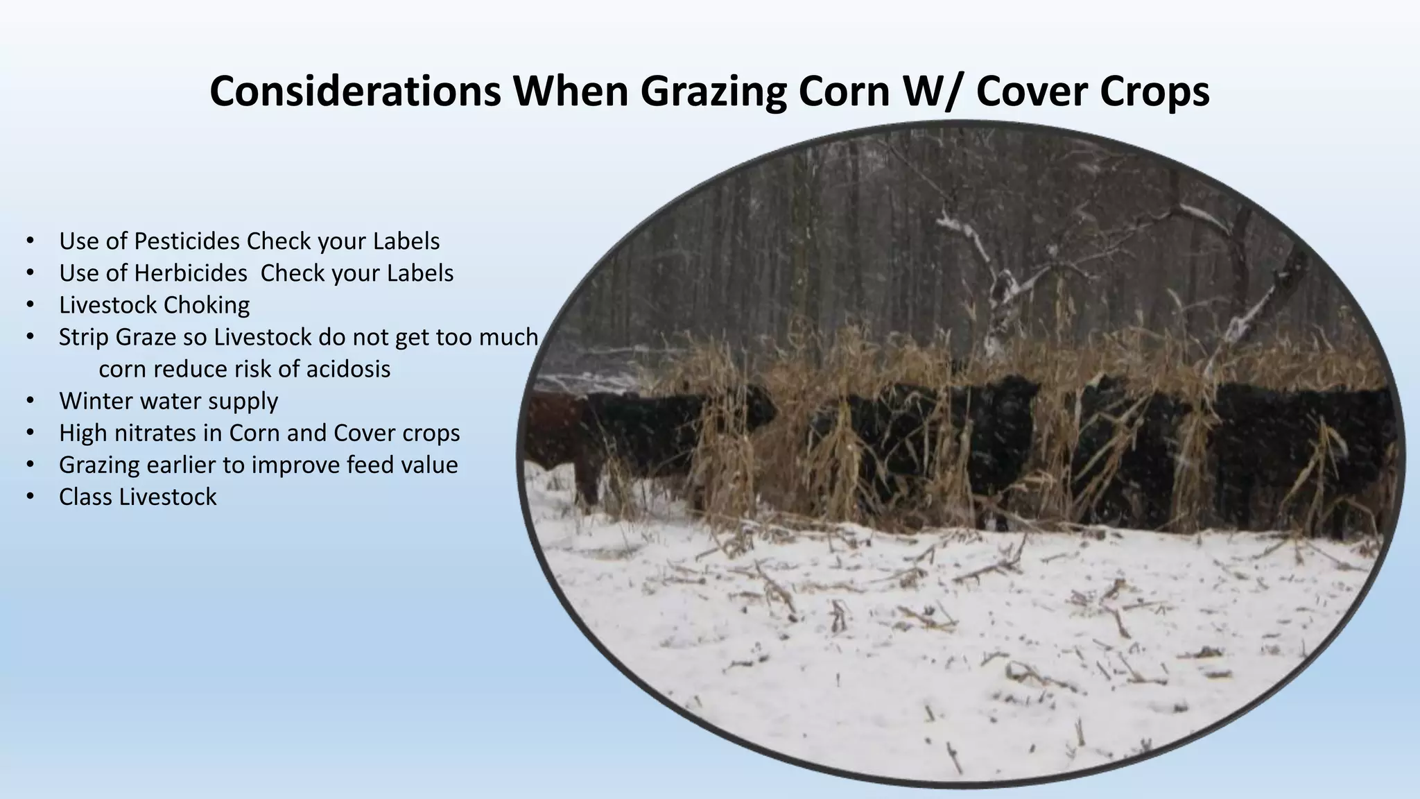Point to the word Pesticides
187,241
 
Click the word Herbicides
190,273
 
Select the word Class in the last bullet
85,497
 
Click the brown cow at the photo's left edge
555,437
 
